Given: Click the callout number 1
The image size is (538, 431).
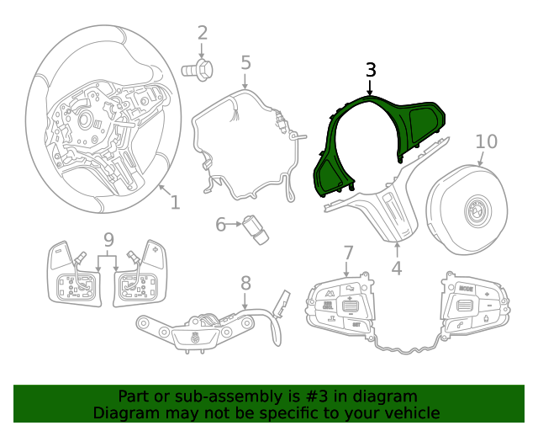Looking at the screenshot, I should click(x=175, y=202).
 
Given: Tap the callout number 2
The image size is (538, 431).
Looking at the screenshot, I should click(x=203, y=33).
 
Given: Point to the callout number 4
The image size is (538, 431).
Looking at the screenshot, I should click(x=396, y=269).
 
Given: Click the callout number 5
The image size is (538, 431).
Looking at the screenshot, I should click(x=245, y=62).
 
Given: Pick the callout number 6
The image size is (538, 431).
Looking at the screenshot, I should click(x=221, y=225).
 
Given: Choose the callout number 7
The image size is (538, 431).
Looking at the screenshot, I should click(x=349, y=252).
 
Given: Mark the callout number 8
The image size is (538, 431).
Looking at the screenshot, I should click(x=245, y=283).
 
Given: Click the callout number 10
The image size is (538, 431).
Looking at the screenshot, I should click(x=486, y=141).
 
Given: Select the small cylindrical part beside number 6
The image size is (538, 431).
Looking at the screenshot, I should click(x=255, y=230).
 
